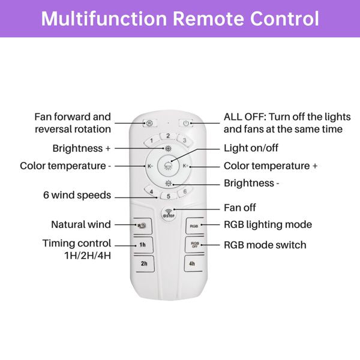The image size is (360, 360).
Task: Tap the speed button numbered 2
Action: [x=169, y=136]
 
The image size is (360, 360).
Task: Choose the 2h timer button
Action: [x=144, y=264]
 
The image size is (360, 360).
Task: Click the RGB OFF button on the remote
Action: [x=194, y=245]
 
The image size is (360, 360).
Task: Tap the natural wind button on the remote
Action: [x=143, y=226]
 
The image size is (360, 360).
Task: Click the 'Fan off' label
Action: [x=239, y=208]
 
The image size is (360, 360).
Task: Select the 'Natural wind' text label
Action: [x=80, y=225]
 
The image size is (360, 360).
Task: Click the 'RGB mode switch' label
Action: [x=265, y=245]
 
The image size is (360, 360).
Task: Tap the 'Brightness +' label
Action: [x=81, y=148]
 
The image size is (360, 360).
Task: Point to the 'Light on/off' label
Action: [x=251, y=148]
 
